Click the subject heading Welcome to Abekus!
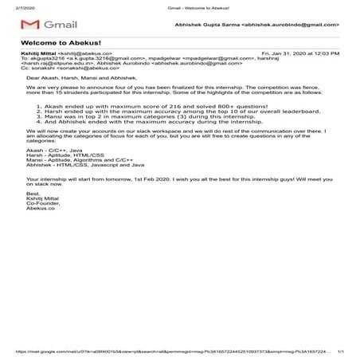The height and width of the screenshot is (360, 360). point(48,43)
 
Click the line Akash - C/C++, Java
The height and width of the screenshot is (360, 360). point(55,148)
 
